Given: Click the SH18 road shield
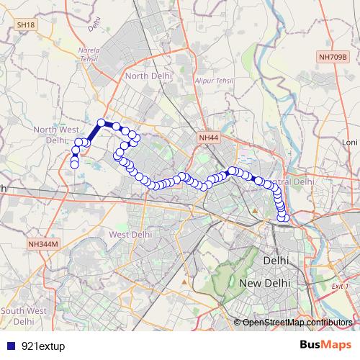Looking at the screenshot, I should click(25, 24).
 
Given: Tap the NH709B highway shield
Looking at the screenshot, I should click(333, 55).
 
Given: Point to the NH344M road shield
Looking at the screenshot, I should click(42, 245).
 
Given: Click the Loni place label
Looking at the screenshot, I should click(350, 143).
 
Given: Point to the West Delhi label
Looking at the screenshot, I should click(130, 234).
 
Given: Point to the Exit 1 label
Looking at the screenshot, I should click(340, 286).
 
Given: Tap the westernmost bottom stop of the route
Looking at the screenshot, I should click(74, 166).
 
